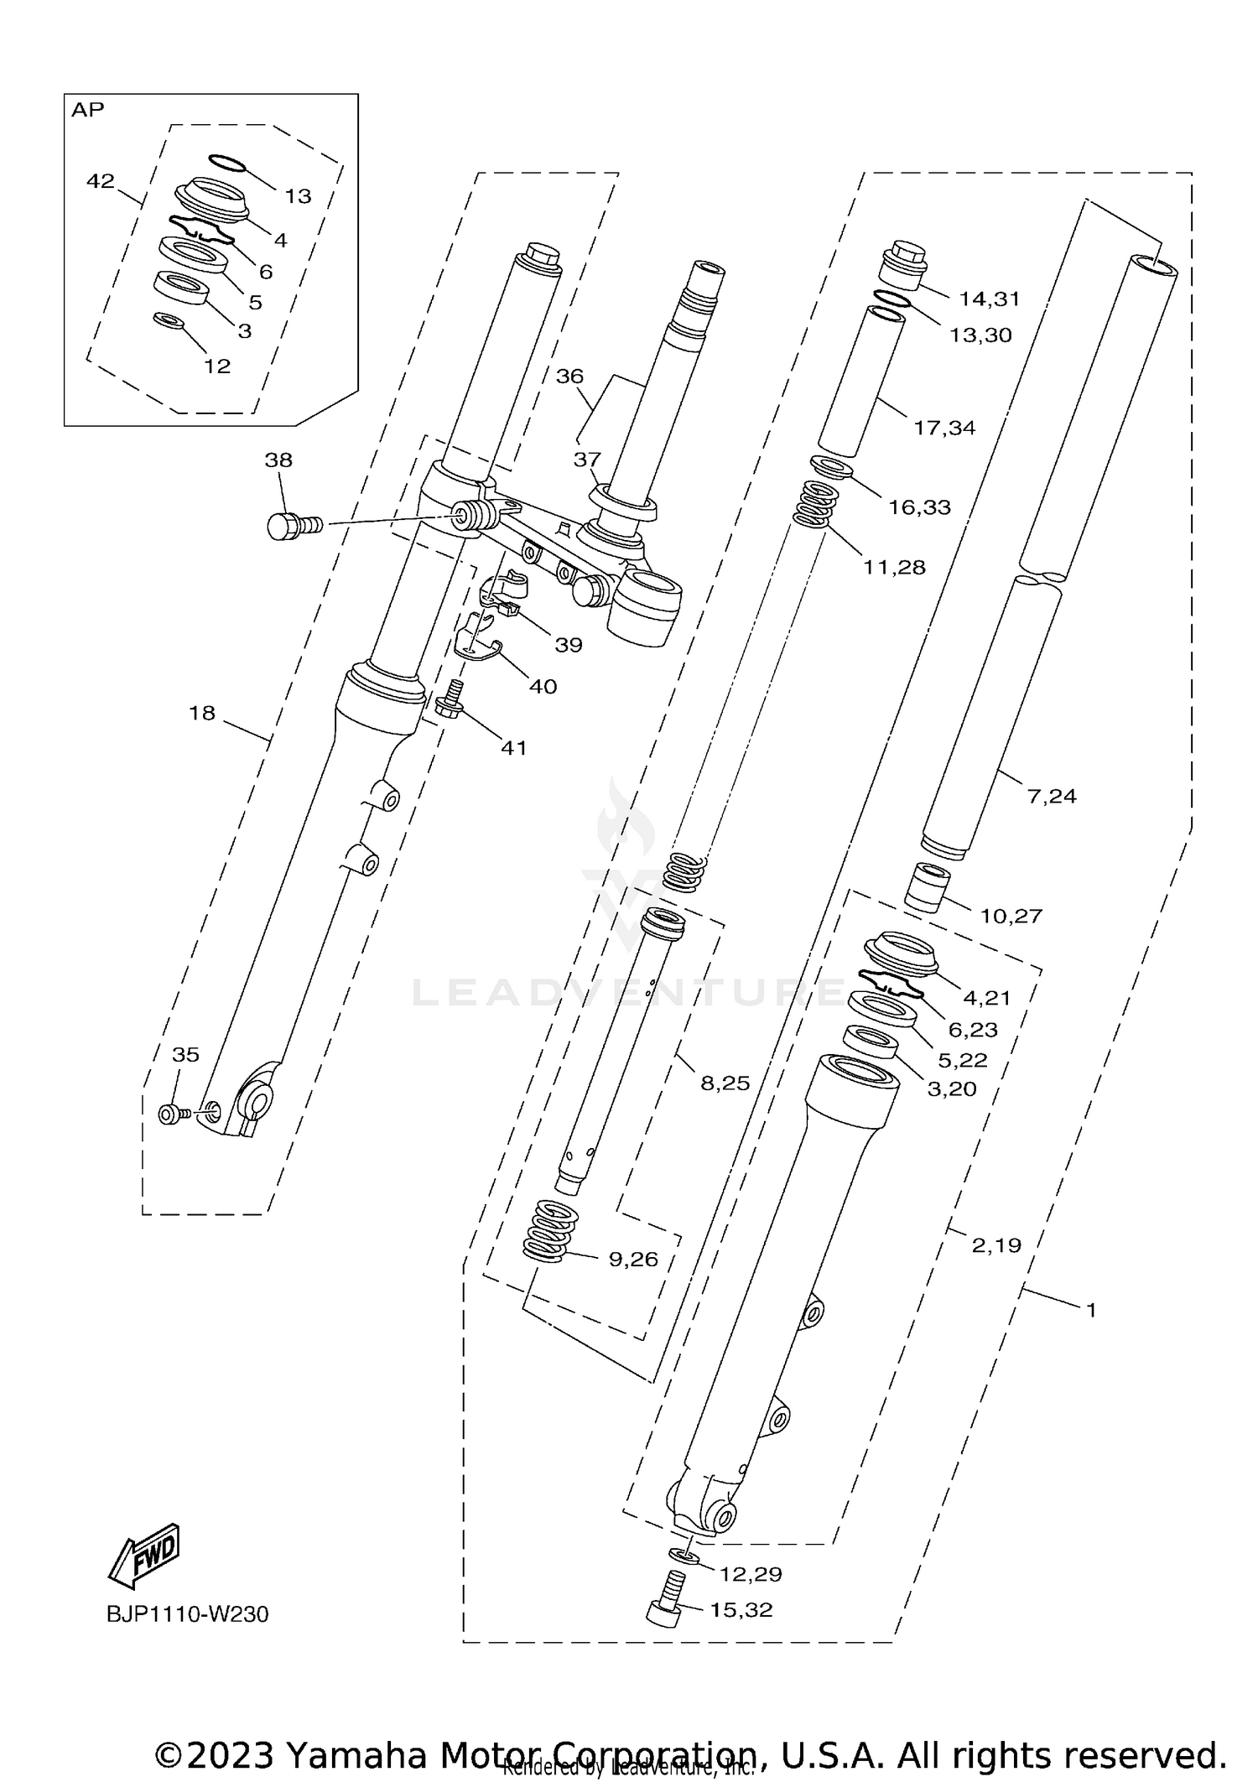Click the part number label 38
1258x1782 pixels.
click(278, 460)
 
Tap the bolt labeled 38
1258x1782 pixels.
click(291, 526)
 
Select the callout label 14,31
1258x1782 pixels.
click(989, 298)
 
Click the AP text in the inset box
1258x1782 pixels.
click(87, 110)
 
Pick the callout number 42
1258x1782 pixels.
click(100, 180)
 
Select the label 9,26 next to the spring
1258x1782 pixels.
click(633, 1259)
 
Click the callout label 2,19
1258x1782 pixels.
click(996, 1245)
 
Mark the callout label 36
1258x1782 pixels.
click(569, 376)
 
